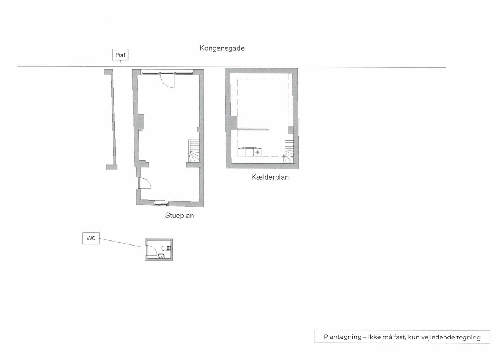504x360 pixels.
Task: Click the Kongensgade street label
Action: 222,48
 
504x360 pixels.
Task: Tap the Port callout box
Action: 120,55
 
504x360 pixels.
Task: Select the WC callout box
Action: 91,238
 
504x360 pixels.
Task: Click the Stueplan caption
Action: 179,216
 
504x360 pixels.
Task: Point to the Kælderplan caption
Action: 270,177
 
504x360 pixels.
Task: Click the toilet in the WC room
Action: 166,248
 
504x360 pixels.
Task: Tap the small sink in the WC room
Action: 161,256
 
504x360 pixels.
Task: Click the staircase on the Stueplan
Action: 194,151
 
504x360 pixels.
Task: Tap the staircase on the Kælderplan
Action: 289,151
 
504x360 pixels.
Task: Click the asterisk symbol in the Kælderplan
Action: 257,153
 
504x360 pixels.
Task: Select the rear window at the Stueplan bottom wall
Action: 161,203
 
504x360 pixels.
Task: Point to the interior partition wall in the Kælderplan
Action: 253,129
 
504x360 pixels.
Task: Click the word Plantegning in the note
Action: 342,337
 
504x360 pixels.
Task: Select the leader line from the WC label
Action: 121,243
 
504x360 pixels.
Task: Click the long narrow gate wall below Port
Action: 111,120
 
